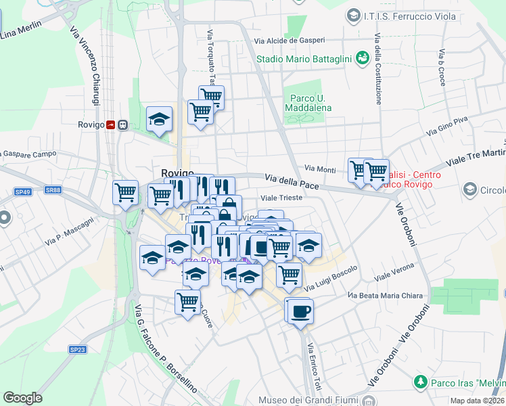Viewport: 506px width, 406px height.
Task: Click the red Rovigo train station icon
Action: [110, 125]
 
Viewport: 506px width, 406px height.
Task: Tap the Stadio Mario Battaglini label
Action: [304, 59]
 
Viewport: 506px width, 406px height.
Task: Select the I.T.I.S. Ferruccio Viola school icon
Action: [352, 14]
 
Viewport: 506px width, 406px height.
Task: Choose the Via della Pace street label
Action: [292, 179]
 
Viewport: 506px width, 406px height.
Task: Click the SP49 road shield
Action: [23, 192]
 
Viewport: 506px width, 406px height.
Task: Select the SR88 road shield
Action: [53, 190]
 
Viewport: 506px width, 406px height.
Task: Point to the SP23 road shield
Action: [78, 349]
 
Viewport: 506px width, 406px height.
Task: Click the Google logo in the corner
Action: [22, 398]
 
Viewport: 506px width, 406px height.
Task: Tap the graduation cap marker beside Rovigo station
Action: [160, 120]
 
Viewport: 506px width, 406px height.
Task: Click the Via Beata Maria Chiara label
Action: [385, 296]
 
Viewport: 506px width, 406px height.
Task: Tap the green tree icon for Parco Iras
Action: [420, 383]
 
